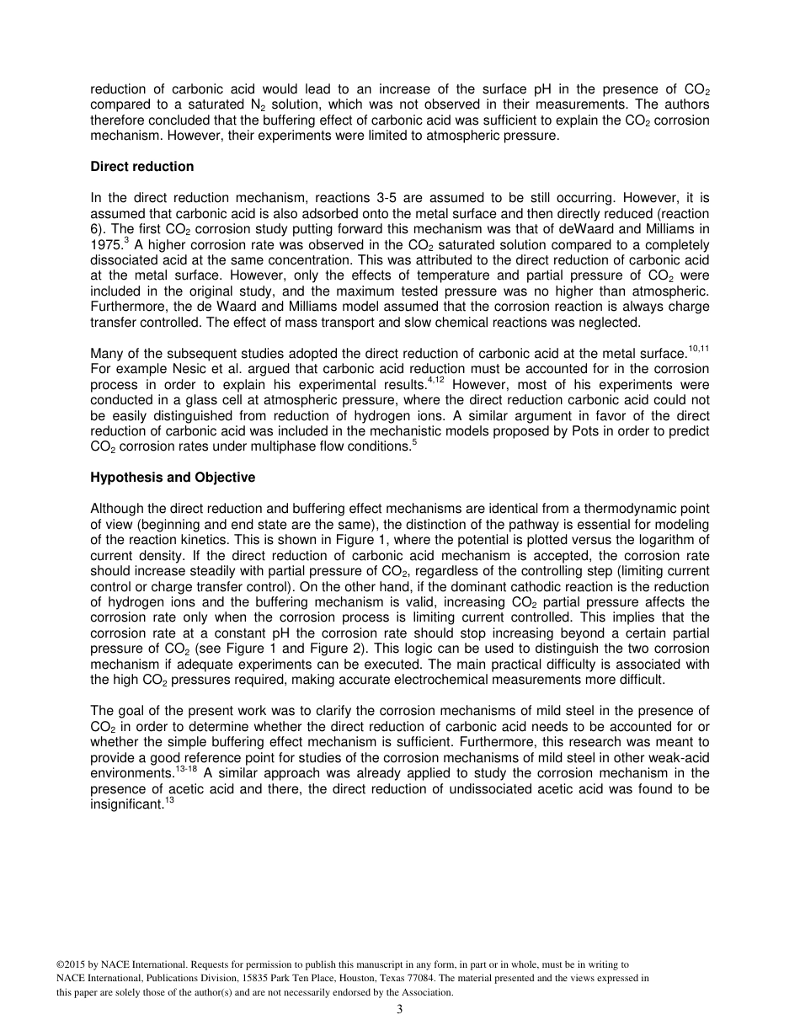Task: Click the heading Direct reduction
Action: click(141, 167)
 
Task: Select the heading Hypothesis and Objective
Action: click(172, 478)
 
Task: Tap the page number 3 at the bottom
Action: click(399, 1010)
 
